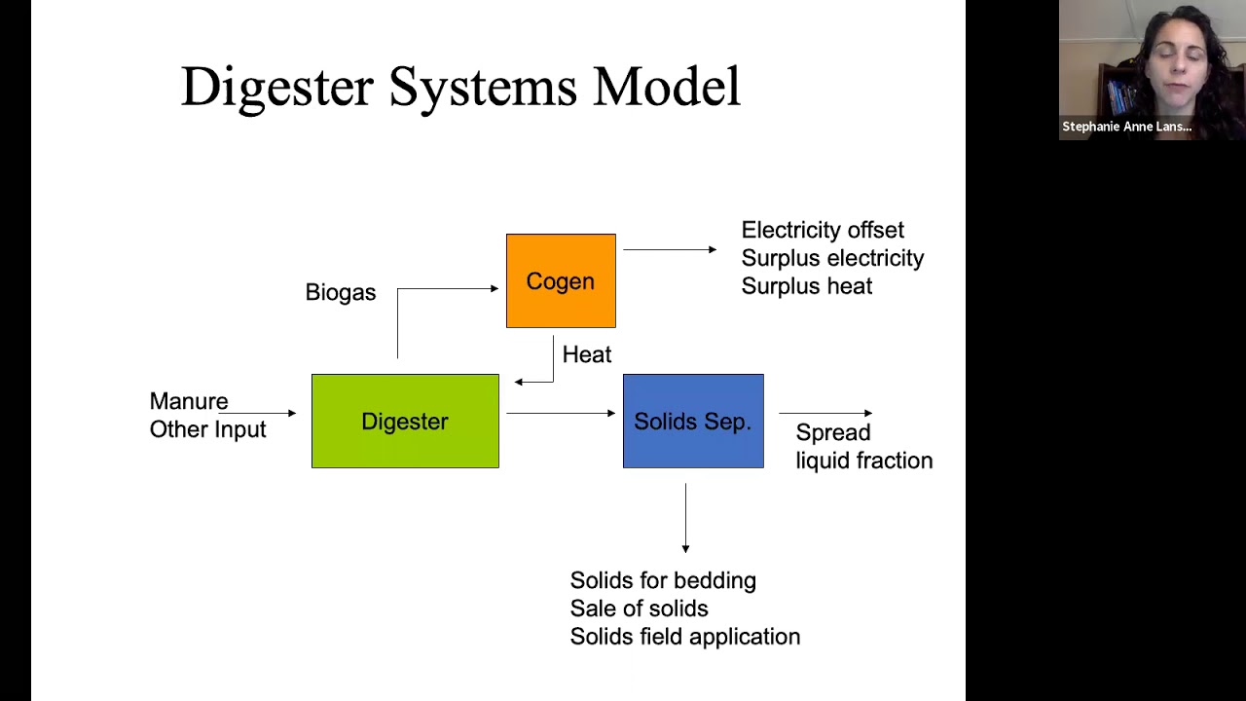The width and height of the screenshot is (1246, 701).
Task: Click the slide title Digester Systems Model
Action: (x=460, y=88)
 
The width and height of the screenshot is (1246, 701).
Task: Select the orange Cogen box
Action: (x=561, y=281)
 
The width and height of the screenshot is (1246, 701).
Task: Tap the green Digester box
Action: (x=405, y=422)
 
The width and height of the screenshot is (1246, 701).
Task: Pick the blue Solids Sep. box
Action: (x=693, y=422)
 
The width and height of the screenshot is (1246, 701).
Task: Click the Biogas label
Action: (x=340, y=293)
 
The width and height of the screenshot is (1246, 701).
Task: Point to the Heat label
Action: (x=587, y=355)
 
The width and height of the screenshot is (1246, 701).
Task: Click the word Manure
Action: (x=189, y=402)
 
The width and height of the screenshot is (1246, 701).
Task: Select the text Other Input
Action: (x=207, y=430)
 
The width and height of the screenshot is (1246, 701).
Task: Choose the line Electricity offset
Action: (x=823, y=231)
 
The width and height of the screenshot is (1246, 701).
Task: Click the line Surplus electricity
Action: (x=832, y=259)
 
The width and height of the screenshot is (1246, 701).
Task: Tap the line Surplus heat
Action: (x=806, y=287)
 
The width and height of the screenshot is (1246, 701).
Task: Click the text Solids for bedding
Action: (x=663, y=581)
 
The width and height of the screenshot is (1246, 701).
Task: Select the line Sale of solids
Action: (x=639, y=609)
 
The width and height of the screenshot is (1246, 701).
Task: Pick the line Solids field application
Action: (x=684, y=638)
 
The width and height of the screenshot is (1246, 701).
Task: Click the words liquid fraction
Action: (x=863, y=461)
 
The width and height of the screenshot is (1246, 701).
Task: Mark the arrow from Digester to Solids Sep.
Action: (x=561, y=414)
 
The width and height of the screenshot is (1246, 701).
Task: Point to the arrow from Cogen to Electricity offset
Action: (x=670, y=250)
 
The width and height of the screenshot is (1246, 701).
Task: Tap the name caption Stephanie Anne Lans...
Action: (x=1126, y=128)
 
